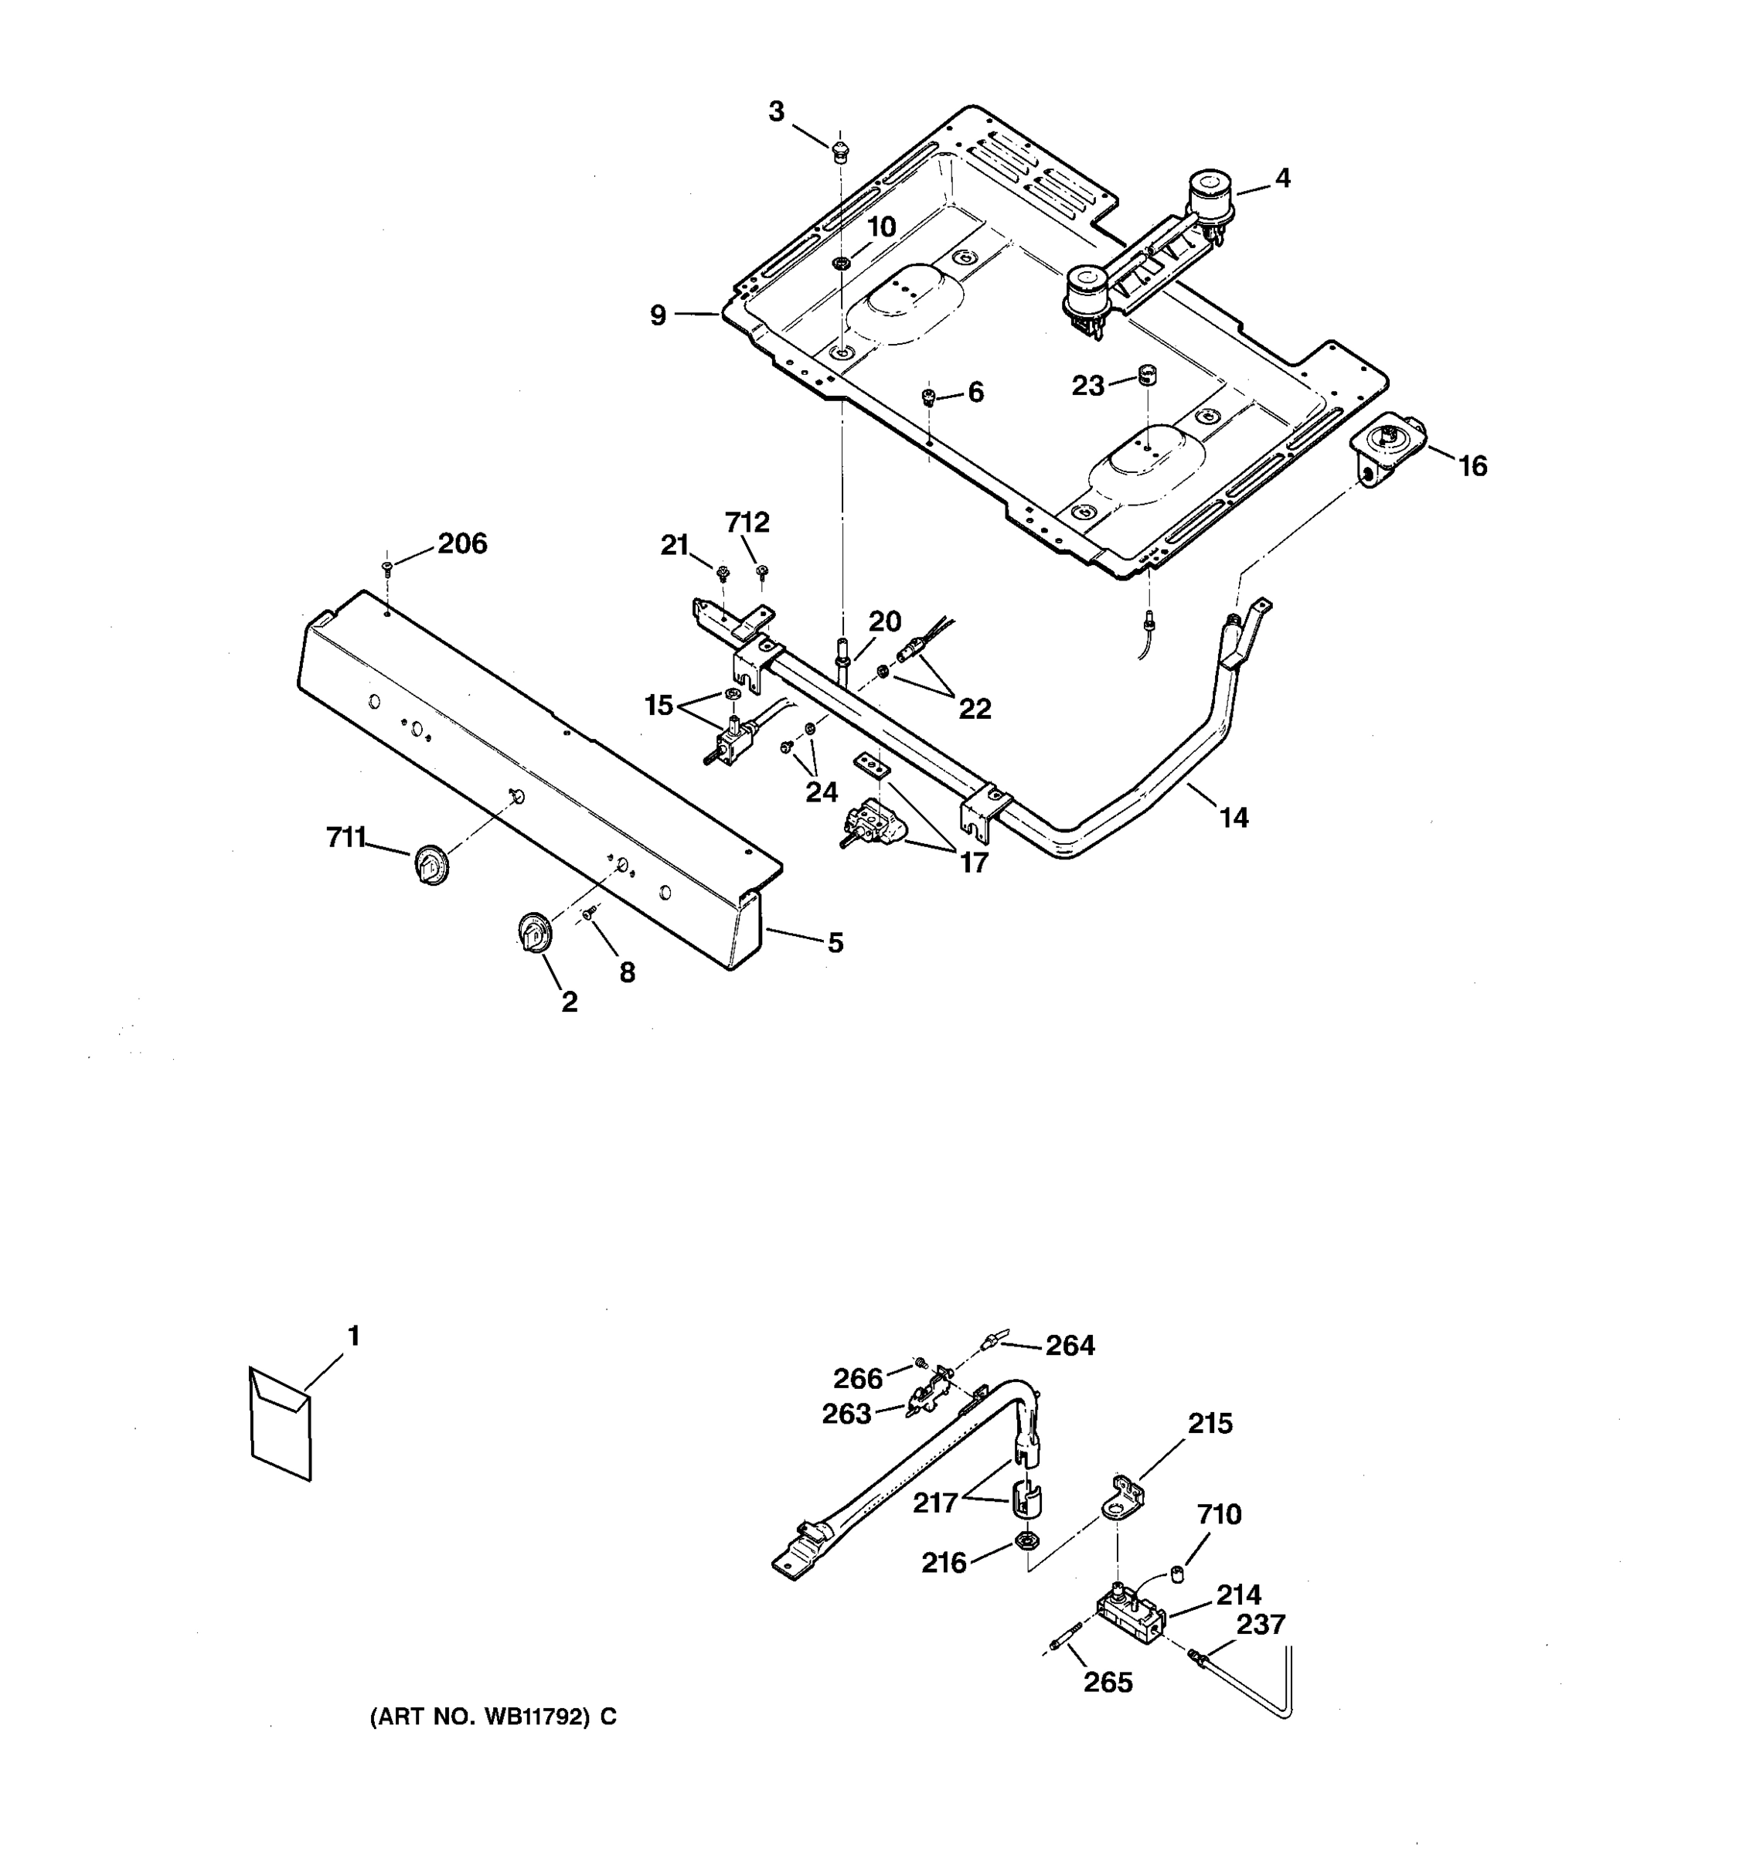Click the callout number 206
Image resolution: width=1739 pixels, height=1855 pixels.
(x=463, y=544)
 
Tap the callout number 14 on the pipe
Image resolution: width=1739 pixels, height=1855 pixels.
(x=1234, y=819)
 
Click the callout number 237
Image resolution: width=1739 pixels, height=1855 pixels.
(x=1261, y=1625)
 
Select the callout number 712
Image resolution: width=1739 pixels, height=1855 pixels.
(x=747, y=522)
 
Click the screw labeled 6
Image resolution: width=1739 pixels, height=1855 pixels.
(x=928, y=398)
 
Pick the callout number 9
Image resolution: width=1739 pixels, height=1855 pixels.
(x=659, y=316)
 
